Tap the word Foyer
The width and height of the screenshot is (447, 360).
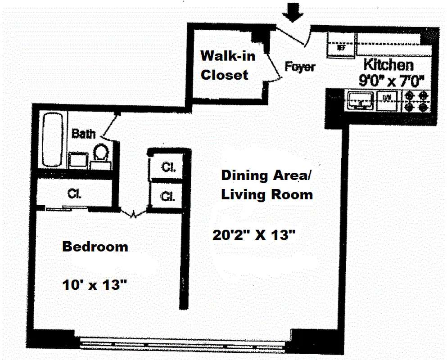pos(300,67)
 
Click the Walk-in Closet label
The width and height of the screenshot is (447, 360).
pos(228,65)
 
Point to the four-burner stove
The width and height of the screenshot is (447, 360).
pos(417,101)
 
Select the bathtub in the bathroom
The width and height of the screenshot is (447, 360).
pos(52,140)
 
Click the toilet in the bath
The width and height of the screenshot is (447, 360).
pos(101,153)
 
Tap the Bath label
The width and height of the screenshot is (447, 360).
pos(84,134)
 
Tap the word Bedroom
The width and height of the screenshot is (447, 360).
pos(95,247)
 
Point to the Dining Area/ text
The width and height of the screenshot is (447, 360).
pos(266,175)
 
